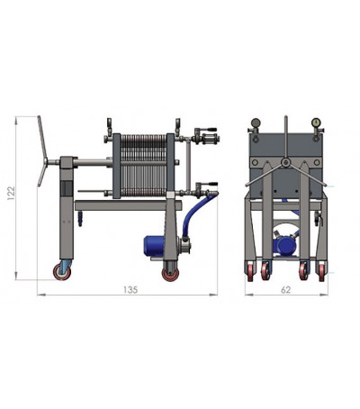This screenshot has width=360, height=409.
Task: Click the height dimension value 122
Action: (11, 194)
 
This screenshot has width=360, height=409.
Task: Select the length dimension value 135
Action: (130, 289)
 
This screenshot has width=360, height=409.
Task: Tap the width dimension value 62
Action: (285, 290)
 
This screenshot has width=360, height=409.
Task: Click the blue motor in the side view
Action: (155, 246)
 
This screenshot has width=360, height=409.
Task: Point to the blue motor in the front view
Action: (284, 245)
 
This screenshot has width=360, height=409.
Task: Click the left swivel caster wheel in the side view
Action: (62, 272)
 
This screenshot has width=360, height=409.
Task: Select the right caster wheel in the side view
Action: (170, 274)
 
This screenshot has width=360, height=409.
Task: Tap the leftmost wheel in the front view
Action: (251, 271)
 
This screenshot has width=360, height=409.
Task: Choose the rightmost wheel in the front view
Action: (321, 271)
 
